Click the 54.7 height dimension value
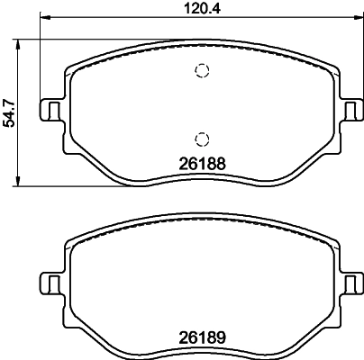tap(9, 112)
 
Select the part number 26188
tap(201, 165)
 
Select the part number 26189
tap(201, 341)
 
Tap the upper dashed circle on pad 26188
tap(202, 72)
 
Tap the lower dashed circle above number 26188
tap(202, 138)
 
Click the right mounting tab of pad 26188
tap(350, 109)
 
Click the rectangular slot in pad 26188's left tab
tap(53, 109)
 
